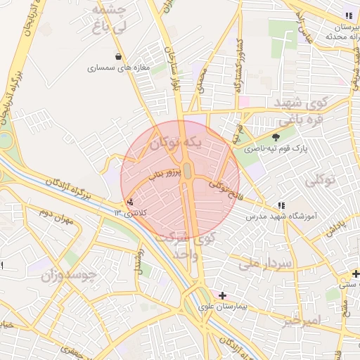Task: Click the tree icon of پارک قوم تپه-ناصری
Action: (275, 136)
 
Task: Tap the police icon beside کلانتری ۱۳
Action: (129, 202)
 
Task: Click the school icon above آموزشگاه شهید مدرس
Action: (282, 205)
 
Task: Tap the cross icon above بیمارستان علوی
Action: (223, 295)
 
